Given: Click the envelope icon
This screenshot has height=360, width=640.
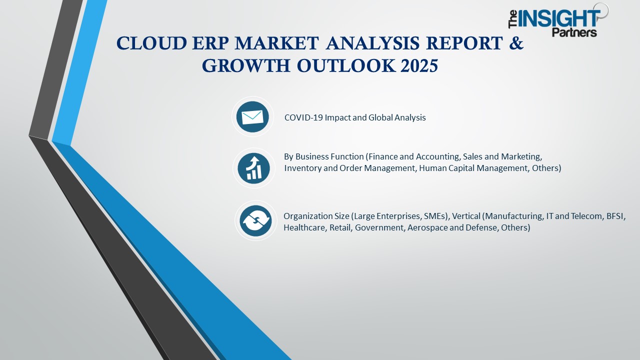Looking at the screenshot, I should point(252,117).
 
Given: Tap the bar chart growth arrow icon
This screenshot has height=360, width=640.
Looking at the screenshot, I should point(254,167).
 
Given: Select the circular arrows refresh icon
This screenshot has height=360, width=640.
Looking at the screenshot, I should point(255,221).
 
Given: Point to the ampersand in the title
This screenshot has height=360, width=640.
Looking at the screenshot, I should point(517,44).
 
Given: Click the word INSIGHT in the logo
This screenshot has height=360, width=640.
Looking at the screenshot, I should point(559,19).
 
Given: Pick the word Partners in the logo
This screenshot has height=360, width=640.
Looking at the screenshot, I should point(574,32).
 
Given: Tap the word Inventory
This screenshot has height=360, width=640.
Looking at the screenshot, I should point(303,168).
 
